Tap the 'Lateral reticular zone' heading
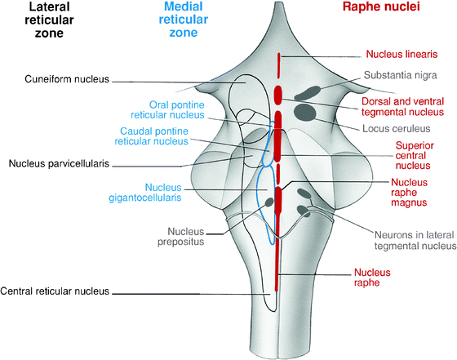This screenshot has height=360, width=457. pos(37,25)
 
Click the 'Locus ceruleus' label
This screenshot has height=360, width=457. pos(393,128)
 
